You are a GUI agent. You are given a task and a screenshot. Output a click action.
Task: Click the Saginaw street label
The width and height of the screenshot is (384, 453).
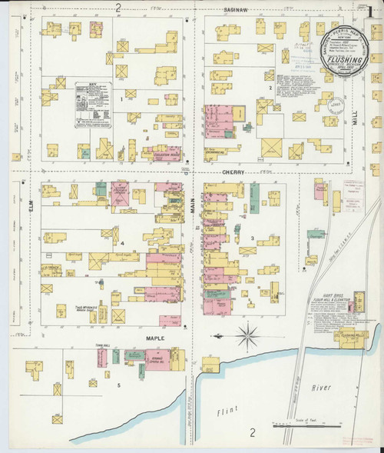(x=235, y=8)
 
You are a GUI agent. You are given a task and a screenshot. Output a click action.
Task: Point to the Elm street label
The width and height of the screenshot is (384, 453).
(x=32, y=205)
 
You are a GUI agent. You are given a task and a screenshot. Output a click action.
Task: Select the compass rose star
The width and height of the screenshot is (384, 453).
(x=247, y=335)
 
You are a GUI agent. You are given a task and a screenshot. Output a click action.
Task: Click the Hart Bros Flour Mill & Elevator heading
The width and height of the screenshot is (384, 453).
(x=329, y=294)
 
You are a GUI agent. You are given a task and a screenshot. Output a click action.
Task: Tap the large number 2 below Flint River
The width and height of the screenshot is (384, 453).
(x=251, y=434)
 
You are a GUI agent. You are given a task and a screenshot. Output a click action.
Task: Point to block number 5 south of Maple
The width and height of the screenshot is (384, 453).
(x=118, y=384)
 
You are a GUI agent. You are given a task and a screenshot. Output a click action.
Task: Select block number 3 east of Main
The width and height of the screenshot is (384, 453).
(x=252, y=238)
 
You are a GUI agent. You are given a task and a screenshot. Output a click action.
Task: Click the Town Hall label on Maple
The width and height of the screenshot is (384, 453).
(x=101, y=346)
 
